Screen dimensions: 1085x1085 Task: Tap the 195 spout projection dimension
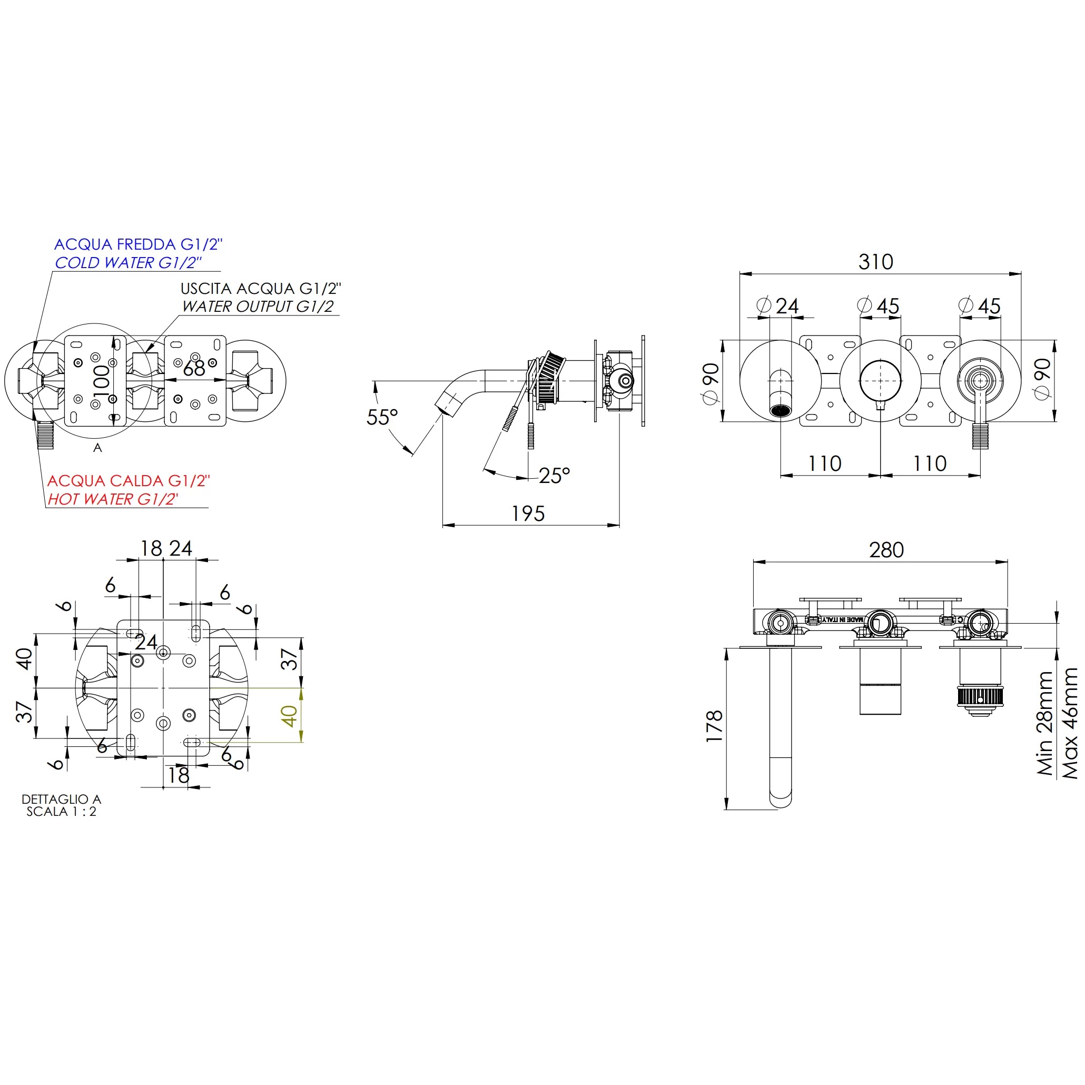point(527,514)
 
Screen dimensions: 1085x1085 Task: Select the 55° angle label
point(382,417)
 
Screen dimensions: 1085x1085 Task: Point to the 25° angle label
point(554,476)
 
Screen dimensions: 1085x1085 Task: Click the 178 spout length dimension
point(714,726)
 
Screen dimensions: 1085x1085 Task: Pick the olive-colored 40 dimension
point(289,716)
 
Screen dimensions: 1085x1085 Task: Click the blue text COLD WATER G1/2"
point(128,263)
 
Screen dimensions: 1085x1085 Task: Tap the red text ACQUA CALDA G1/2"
point(128,481)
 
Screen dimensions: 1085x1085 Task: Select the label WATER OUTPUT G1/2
point(257,307)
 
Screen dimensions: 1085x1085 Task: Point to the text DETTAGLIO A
point(61,798)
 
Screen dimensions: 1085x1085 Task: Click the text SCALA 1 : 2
point(61,812)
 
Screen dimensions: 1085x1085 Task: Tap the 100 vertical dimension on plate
point(102,381)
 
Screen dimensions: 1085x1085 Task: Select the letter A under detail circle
point(98,448)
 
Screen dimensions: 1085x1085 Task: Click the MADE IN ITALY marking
point(842,619)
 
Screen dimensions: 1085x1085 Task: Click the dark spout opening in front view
point(780,410)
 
